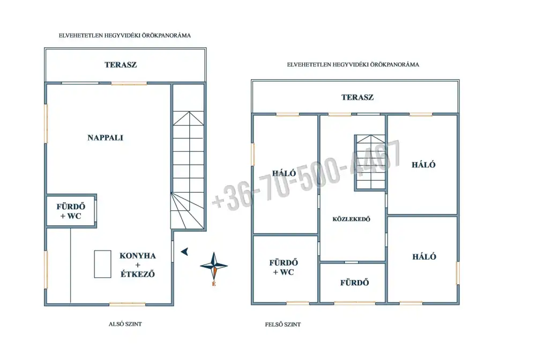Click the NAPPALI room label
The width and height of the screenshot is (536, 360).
click(x=105, y=137)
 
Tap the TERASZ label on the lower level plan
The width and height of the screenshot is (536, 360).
click(x=121, y=65)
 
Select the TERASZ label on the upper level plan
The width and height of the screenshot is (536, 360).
click(x=358, y=97)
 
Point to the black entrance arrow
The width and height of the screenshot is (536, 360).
click(x=184, y=252)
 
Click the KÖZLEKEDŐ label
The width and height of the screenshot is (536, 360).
click(x=352, y=219)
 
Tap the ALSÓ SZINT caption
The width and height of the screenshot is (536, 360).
click(x=125, y=324)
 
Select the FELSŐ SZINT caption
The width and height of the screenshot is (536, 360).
click(x=282, y=324)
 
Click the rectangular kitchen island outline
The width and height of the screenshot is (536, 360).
click(x=102, y=264)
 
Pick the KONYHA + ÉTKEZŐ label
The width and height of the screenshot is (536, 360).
click(x=138, y=265)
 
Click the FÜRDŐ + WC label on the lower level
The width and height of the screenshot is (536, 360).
click(x=71, y=211)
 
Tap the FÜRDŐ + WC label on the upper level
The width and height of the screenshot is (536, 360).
click(x=284, y=267)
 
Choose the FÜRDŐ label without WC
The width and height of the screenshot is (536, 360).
click(x=354, y=283)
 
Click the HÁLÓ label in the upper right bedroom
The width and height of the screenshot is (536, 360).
click(x=423, y=165)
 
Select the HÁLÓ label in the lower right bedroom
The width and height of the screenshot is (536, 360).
click(x=424, y=256)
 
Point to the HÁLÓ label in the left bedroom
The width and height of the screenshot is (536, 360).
click(x=284, y=173)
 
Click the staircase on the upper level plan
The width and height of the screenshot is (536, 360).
click(x=370, y=162)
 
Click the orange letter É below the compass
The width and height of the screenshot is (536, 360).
click(x=214, y=283)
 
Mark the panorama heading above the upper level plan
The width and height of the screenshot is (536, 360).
click(x=353, y=64)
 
